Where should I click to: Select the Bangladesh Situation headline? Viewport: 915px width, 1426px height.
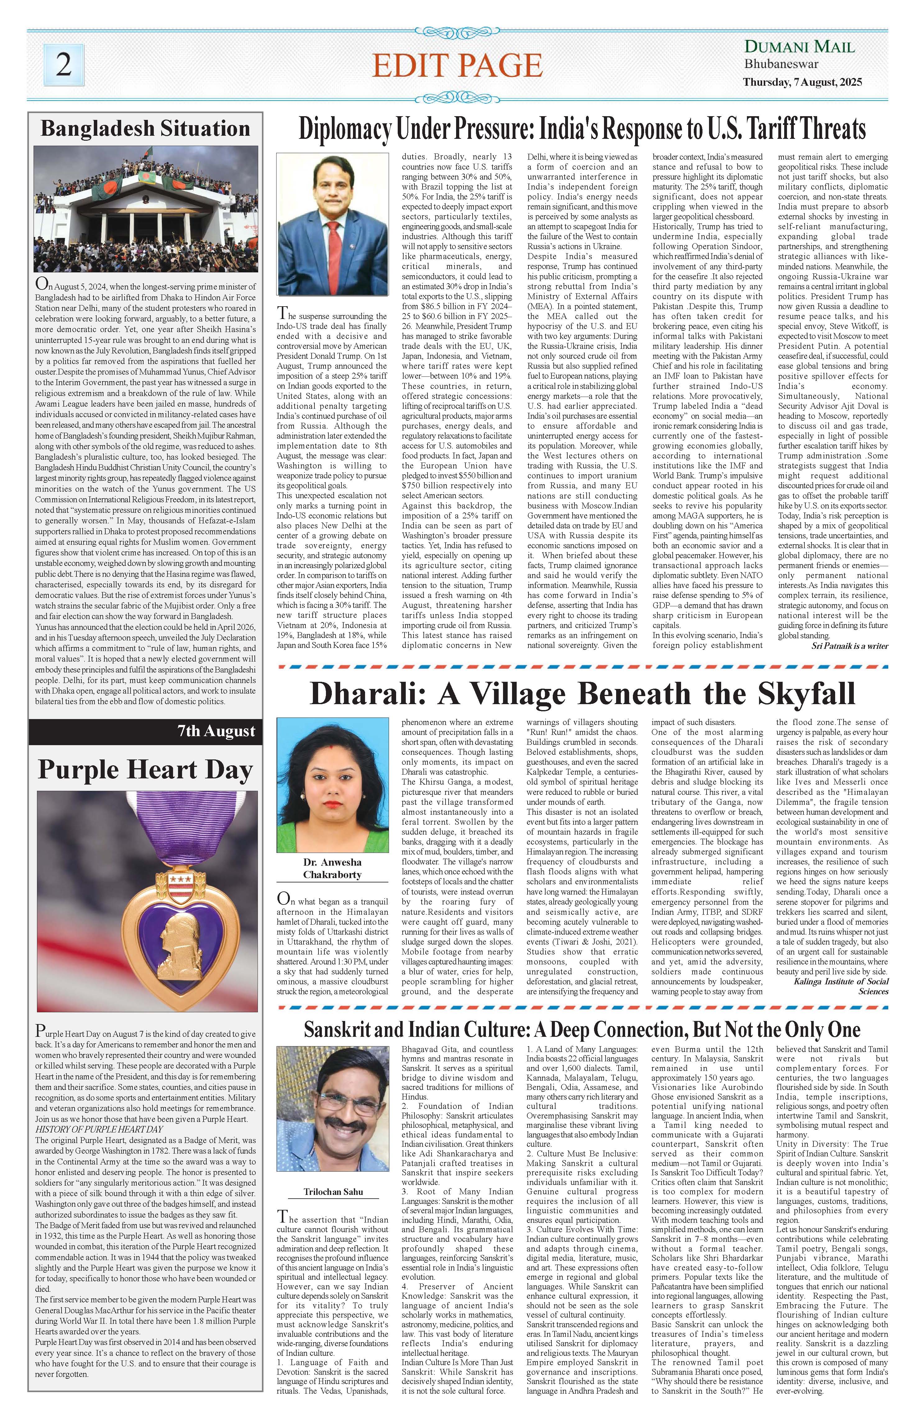[x=145, y=129]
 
